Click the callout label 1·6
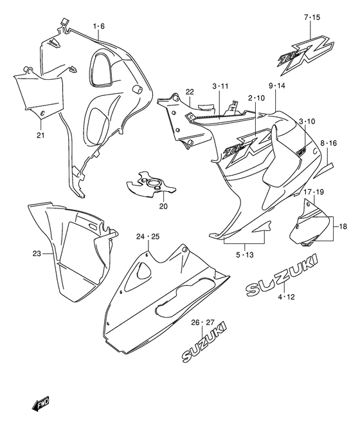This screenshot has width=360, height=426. point(98,26)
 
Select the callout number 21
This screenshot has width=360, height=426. point(40,134)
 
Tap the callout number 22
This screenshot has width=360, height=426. point(190,91)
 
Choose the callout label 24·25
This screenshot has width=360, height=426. point(148,237)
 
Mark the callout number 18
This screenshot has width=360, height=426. point(343,227)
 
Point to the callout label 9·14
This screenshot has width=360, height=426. point(269,85)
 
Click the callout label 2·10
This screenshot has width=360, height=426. point(255,98)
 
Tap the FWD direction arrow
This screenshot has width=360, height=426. point(39,405)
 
